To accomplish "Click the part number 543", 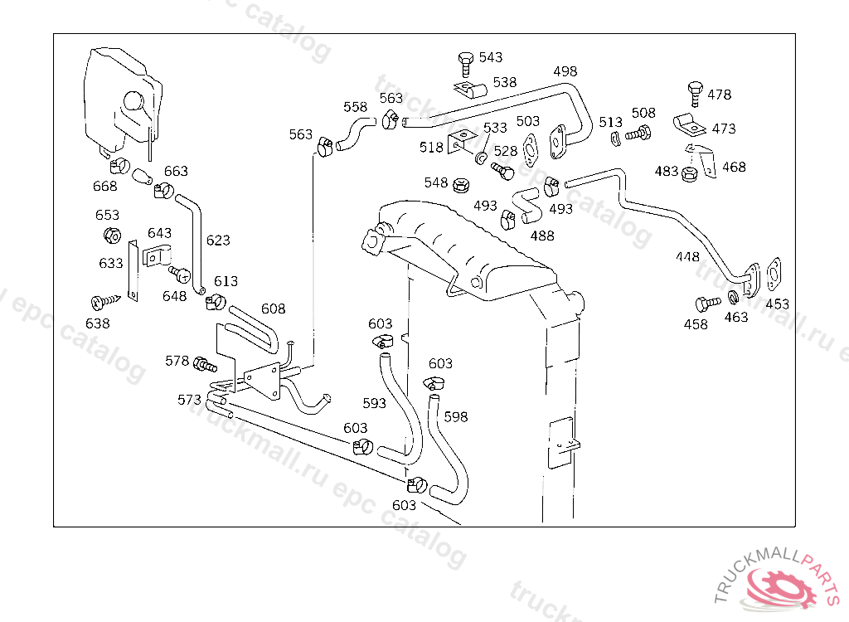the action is coord(491,57).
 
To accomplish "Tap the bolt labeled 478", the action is coord(696,94).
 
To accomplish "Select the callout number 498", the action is coord(565,71).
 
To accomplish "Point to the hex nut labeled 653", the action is coord(112,236).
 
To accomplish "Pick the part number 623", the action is coord(218,240).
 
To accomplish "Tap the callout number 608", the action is coord(274,309).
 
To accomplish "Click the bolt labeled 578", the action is coord(205,365).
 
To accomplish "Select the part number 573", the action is coord(190,399).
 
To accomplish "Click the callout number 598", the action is coord(456,416).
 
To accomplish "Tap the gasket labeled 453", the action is coord(774,275).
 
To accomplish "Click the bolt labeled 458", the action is coord(708,304).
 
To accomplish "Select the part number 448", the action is coord(687,256).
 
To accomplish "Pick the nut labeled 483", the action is coord(689,174).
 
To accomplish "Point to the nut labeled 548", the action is coord(461,185).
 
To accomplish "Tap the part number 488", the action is coord(542,236).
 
